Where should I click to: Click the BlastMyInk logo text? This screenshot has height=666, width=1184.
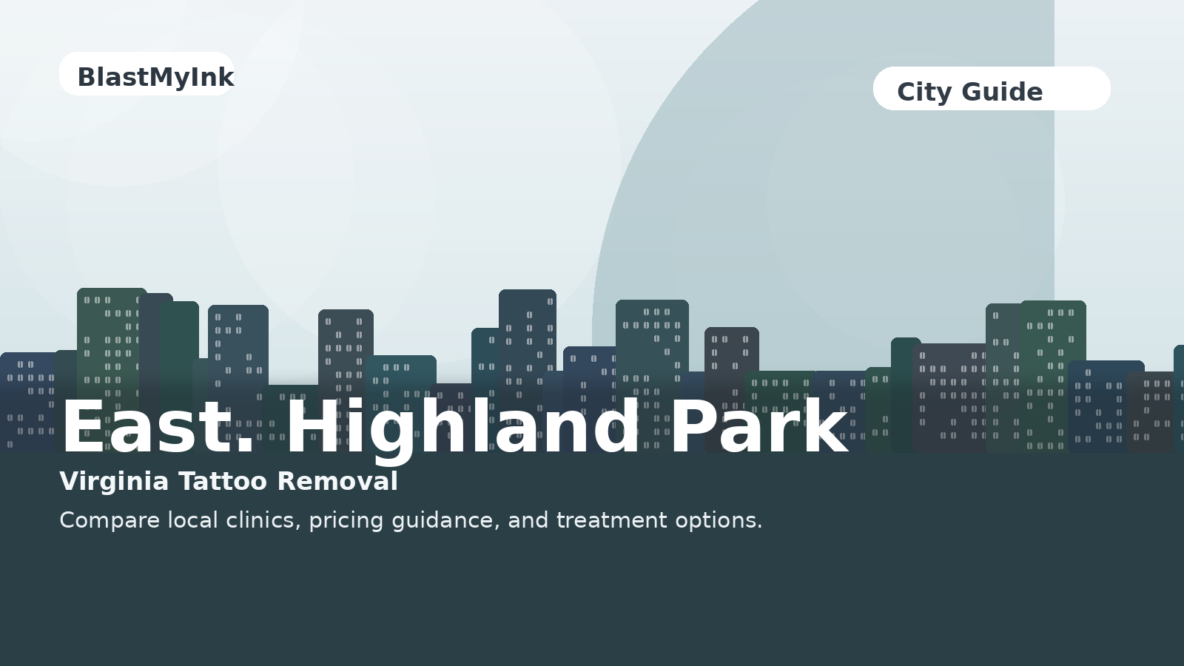[x=155, y=77]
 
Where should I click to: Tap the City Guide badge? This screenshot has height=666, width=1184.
[x=991, y=89]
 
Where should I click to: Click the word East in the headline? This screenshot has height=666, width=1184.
[x=149, y=428]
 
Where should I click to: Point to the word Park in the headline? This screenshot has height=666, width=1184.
[x=758, y=428]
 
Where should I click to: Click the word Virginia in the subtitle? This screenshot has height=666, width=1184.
[x=114, y=482]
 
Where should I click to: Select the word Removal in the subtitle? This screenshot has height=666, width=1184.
[x=337, y=482]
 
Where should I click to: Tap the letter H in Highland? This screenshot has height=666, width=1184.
[x=314, y=428]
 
